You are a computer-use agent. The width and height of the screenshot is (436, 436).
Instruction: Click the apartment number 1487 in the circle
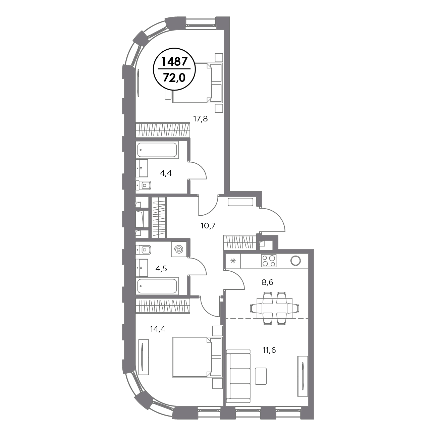pos(174,61)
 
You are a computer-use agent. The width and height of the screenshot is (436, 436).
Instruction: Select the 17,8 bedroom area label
pos(200,119)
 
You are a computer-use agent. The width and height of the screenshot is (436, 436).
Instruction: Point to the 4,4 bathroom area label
pos(166,173)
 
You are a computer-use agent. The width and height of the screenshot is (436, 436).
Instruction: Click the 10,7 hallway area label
pos(208,226)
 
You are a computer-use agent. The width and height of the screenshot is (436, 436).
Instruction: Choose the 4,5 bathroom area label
pos(161,269)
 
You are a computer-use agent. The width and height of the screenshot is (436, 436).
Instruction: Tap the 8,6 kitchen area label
pos(267,282)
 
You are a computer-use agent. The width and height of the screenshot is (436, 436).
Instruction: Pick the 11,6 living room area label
pos(269,350)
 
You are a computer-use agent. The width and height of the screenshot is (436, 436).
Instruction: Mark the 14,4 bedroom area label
pos(158,329)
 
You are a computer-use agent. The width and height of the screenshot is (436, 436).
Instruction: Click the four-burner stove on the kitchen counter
pos(269,261)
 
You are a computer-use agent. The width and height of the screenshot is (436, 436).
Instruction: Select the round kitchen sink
pos(296,261)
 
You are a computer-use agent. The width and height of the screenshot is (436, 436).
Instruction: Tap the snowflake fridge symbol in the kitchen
pos(233,261)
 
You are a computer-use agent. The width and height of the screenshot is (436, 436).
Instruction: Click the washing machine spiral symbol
pos(179,250)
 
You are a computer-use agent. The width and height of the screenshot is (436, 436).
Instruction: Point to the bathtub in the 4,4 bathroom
pos(157,150)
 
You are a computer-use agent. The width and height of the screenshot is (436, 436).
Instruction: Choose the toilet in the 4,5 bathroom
pos(144,250)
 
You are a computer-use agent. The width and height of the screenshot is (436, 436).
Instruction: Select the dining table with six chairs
pos(274,308)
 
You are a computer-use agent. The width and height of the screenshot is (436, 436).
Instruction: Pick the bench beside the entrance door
pos(240,202)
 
